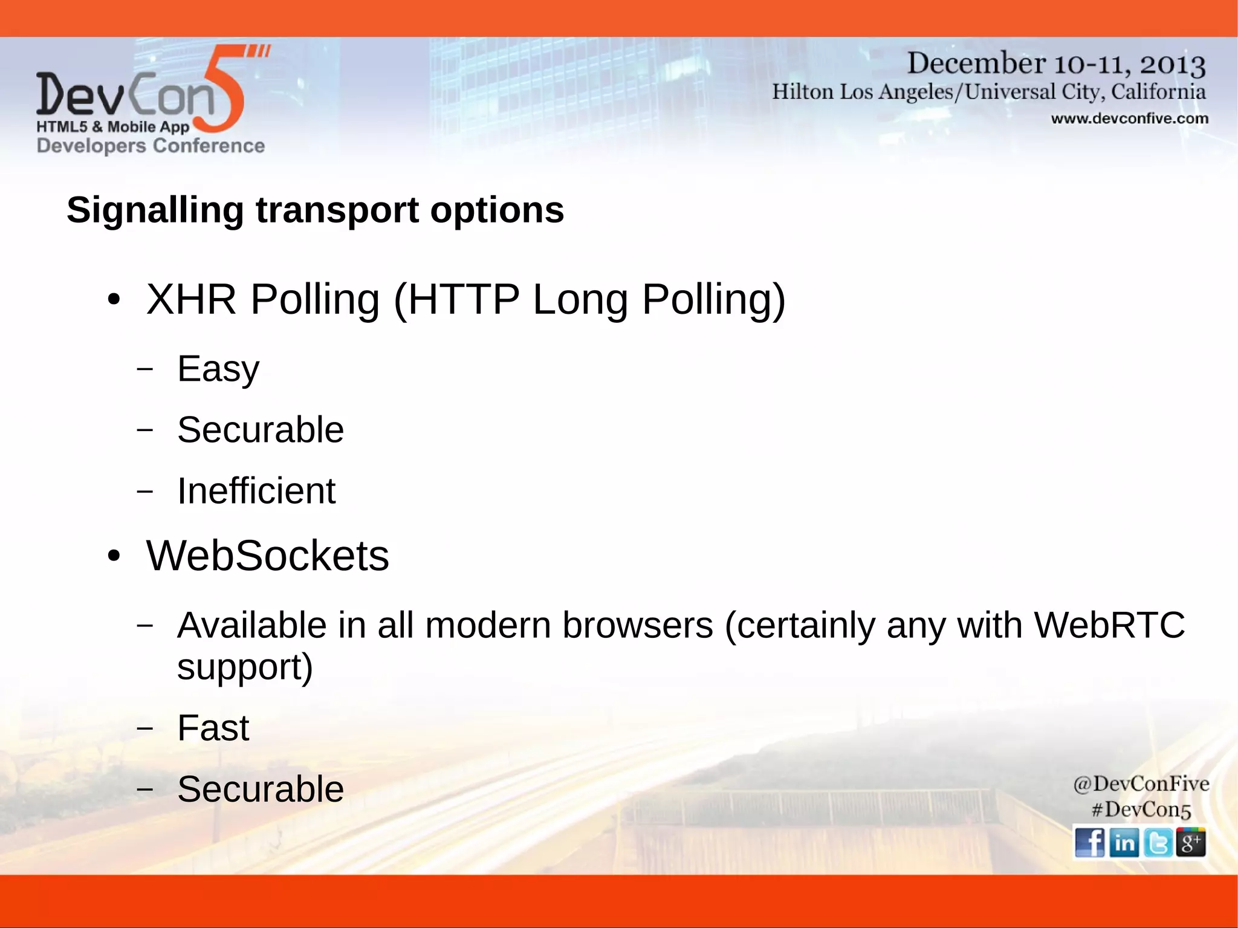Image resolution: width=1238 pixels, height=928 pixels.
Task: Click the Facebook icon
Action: (x=1089, y=842)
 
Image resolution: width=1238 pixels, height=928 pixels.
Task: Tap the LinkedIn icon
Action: (x=1124, y=842)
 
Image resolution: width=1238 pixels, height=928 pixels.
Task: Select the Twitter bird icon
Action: (x=1158, y=842)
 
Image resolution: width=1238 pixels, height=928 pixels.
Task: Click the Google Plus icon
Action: (x=1191, y=842)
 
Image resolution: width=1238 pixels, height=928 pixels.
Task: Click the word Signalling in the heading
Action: (x=155, y=211)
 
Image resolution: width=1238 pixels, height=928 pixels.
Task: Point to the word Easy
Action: (x=218, y=369)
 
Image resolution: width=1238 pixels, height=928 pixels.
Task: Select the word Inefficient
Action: (x=256, y=490)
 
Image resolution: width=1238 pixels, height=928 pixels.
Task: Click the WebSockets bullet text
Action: (x=267, y=556)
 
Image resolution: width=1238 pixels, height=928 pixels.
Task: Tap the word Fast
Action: (x=213, y=728)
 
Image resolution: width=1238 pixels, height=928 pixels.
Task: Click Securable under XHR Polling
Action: (x=261, y=430)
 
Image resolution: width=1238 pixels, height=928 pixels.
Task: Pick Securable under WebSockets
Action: (x=261, y=789)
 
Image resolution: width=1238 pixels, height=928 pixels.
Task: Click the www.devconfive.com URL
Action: (x=1129, y=118)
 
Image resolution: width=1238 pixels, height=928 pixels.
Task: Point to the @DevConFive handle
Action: (x=1141, y=784)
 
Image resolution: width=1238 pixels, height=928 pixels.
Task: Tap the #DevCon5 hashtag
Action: (x=1141, y=810)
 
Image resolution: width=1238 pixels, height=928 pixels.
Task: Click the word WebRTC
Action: (x=1109, y=625)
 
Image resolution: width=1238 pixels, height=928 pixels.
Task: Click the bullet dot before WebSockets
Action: (x=114, y=556)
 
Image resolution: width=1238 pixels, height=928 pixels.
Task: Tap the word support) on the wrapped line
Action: (x=245, y=667)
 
